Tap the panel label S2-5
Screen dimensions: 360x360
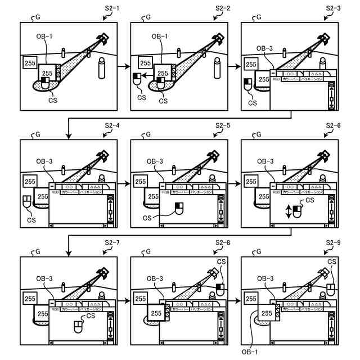tap(223, 125)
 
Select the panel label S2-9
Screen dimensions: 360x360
tap(334, 242)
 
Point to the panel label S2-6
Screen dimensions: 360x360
tap(334, 125)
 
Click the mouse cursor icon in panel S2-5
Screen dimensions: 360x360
tap(179, 209)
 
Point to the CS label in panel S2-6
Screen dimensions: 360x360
tap(310, 201)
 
